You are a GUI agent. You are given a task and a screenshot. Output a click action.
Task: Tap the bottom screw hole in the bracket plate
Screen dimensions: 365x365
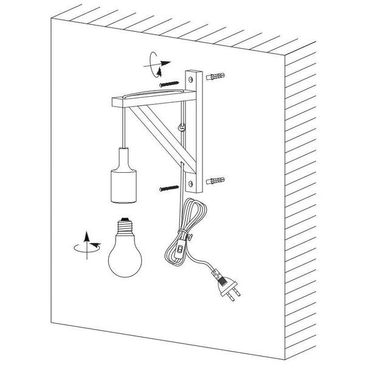[192, 181]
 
